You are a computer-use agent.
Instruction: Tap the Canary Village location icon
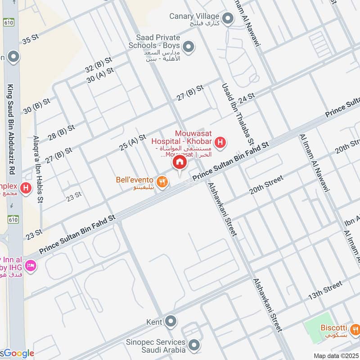[x=229, y=18]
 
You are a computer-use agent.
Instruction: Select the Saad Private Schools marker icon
[x=189, y=46]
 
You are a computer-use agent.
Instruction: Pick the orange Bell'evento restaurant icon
[x=163, y=181]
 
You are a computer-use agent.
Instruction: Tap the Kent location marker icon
[x=171, y=322]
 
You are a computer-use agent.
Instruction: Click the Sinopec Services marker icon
[x=194, y=345]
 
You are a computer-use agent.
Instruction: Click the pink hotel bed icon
[x=31, y=266]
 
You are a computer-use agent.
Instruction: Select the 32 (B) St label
[x=98, y=64]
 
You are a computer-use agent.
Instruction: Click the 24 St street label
[x=247, y=97]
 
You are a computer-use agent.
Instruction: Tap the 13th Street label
[x=325, y=291]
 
